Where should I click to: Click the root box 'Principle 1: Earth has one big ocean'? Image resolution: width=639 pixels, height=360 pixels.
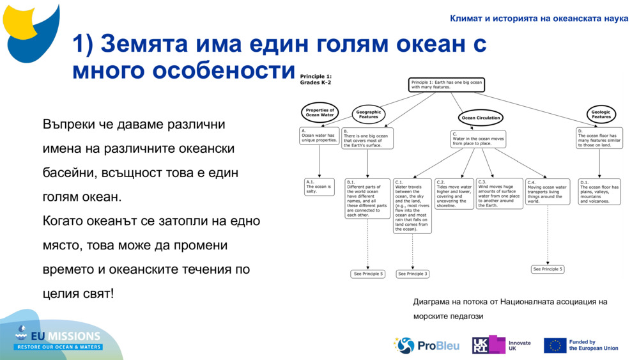click(x=446, y=85)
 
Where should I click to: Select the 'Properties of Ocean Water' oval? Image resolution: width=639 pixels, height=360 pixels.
click(x=319, y=113)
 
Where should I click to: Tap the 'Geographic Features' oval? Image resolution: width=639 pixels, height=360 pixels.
click(x=369, y=114)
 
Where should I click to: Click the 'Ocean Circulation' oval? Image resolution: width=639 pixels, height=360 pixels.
click(x=481, y=118)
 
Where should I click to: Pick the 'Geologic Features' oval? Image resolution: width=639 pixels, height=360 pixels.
click(x=601, y=114)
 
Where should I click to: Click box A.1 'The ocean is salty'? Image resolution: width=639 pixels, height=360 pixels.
click(x=319, y=187)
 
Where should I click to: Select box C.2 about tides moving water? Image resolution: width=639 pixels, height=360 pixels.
click(x=454, y=194)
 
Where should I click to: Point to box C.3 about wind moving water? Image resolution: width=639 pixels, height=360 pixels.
click(x=500, y=194)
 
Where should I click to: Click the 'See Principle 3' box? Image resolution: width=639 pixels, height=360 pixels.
click(x=413, y=274)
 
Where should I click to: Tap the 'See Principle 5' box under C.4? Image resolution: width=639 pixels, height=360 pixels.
click(x=548, y=269)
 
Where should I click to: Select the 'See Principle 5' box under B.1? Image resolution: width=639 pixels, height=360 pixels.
click(x=368, y=274)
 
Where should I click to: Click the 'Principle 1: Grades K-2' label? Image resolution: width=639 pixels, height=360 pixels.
click(x=316, y=79)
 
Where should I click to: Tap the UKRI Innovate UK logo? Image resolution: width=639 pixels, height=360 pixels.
click(x=502, y=345)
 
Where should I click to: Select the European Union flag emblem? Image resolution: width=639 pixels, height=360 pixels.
click(x=555, y=345)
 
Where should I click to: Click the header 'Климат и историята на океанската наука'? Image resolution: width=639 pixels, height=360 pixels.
click(x=539, y=18)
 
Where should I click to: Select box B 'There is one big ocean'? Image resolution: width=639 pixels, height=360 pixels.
click(x=367, y=139)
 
